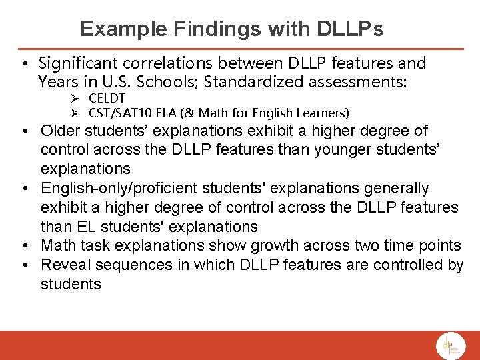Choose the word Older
coord(61,131)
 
